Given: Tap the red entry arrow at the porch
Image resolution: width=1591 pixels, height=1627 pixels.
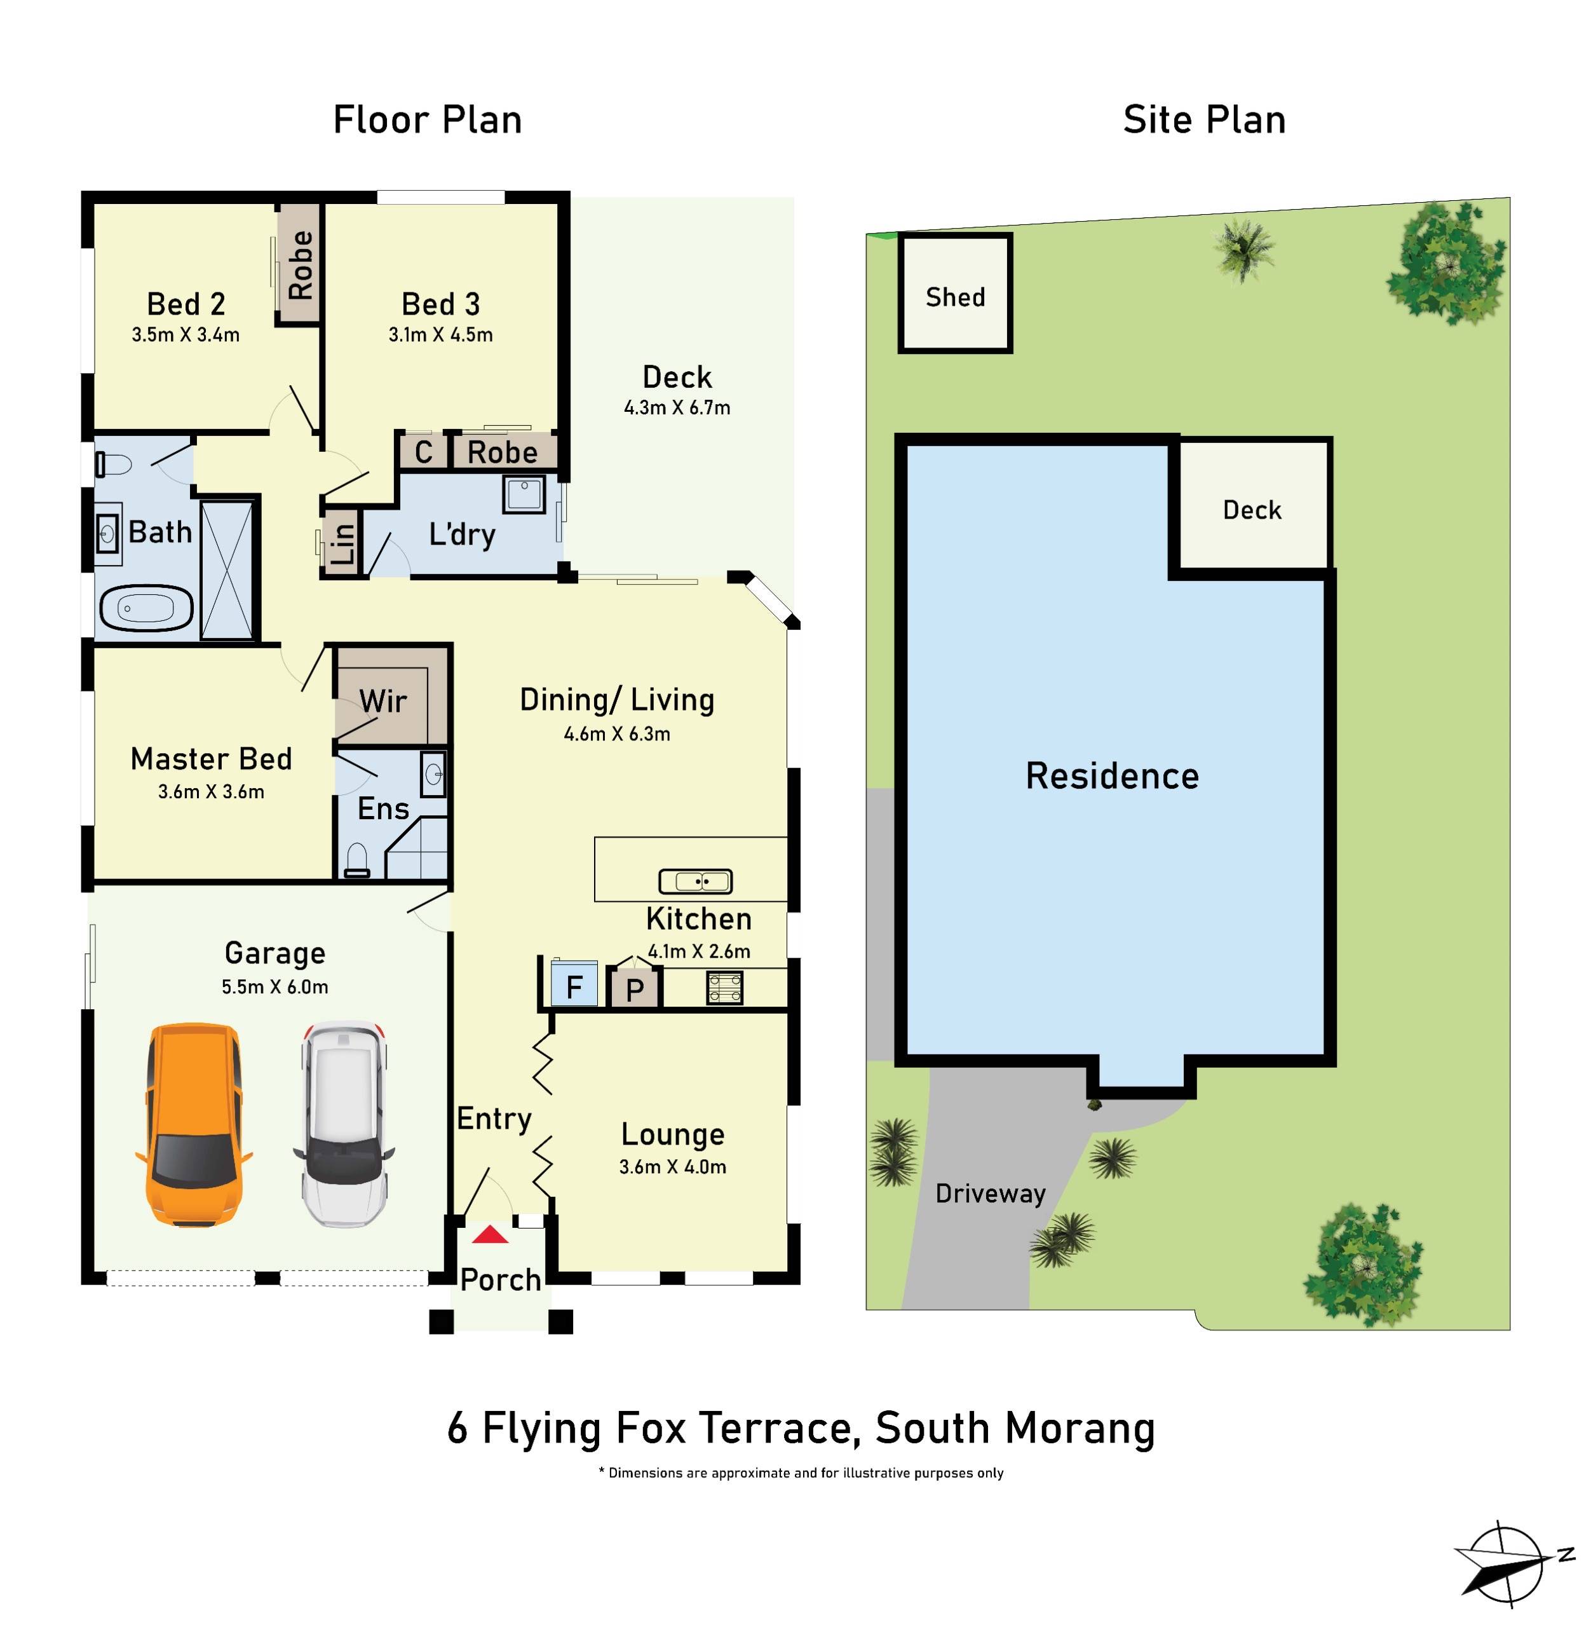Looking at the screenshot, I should pos(490,1235).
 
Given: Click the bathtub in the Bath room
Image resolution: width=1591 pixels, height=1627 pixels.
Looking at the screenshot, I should pos(146,608).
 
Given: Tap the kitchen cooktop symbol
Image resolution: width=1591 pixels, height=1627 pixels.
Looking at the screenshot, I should pos(724,987).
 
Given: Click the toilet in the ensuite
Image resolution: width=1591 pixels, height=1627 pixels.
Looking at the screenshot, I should pos(357,860).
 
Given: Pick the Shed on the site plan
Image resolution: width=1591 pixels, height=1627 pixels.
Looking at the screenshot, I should pos(955,294).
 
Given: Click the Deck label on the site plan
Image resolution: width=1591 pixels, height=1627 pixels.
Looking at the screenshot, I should pos(1252,510).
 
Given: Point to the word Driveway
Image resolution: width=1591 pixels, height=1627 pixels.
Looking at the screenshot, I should pos(990,1194).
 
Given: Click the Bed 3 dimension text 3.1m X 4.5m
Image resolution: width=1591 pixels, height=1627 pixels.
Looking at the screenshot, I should pos(440,335).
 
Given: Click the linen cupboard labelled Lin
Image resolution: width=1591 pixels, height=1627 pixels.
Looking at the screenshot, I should pos(342,543).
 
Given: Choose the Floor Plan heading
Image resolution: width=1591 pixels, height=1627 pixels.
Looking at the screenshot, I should pos(427,120).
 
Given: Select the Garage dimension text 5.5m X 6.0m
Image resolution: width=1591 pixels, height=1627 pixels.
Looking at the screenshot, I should pos(275,987).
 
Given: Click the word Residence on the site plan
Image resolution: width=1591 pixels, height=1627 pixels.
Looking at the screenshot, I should pos(1112,776).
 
